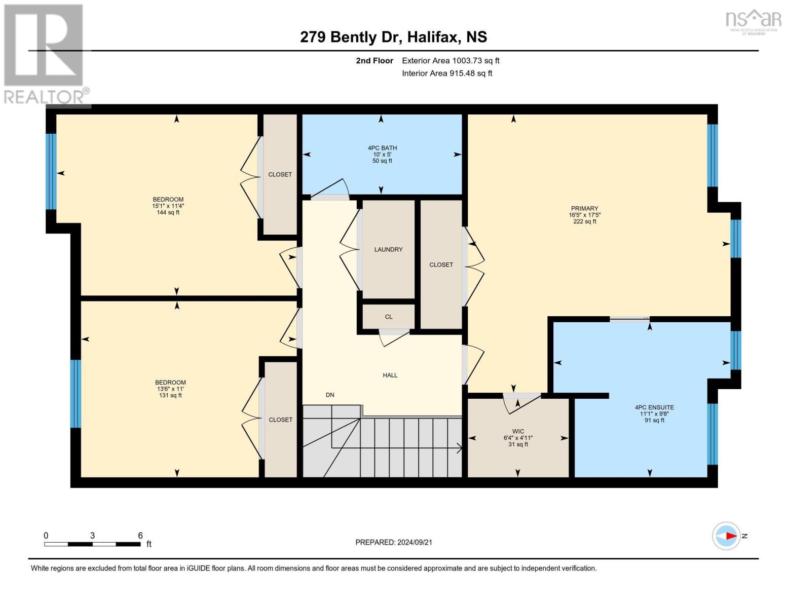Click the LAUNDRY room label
coord(388,249)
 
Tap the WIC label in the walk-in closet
coord(518,431)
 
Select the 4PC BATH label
coord(382,148)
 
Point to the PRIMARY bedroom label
coord(584,208)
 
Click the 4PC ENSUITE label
coord(654,407)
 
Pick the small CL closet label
coord(388,317)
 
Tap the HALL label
coord(390,375)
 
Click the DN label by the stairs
coord(330,395)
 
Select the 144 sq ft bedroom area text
coord(168,213)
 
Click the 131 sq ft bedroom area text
coord(170,396)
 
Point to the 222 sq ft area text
coord(584,221)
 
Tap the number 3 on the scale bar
coord(92,535)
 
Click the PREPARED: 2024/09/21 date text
coord(393,542)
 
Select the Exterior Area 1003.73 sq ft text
coord(450,60)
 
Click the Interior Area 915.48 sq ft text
coord(446,73)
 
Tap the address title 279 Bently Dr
coord(393,37)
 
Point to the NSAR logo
coord(753,21)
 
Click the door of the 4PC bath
coord(330,188)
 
